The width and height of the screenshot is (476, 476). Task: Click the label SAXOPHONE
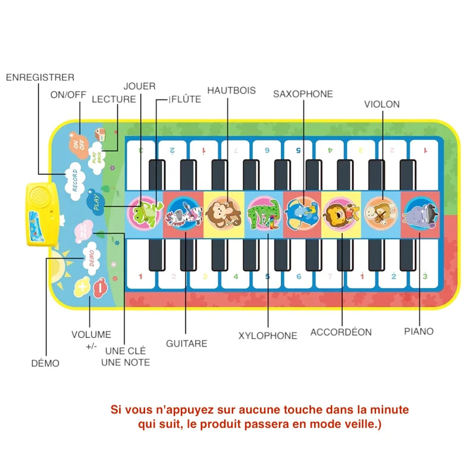(303, 93)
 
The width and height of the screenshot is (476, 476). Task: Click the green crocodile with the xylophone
(262, 212)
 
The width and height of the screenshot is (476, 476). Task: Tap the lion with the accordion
(340, 212)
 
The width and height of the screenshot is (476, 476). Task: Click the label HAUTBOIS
(231, 90)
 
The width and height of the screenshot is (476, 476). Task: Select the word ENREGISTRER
(40, 77)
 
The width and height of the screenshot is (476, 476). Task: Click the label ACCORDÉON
(341, 332)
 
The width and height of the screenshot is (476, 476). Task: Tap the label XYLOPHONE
(268, 336)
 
